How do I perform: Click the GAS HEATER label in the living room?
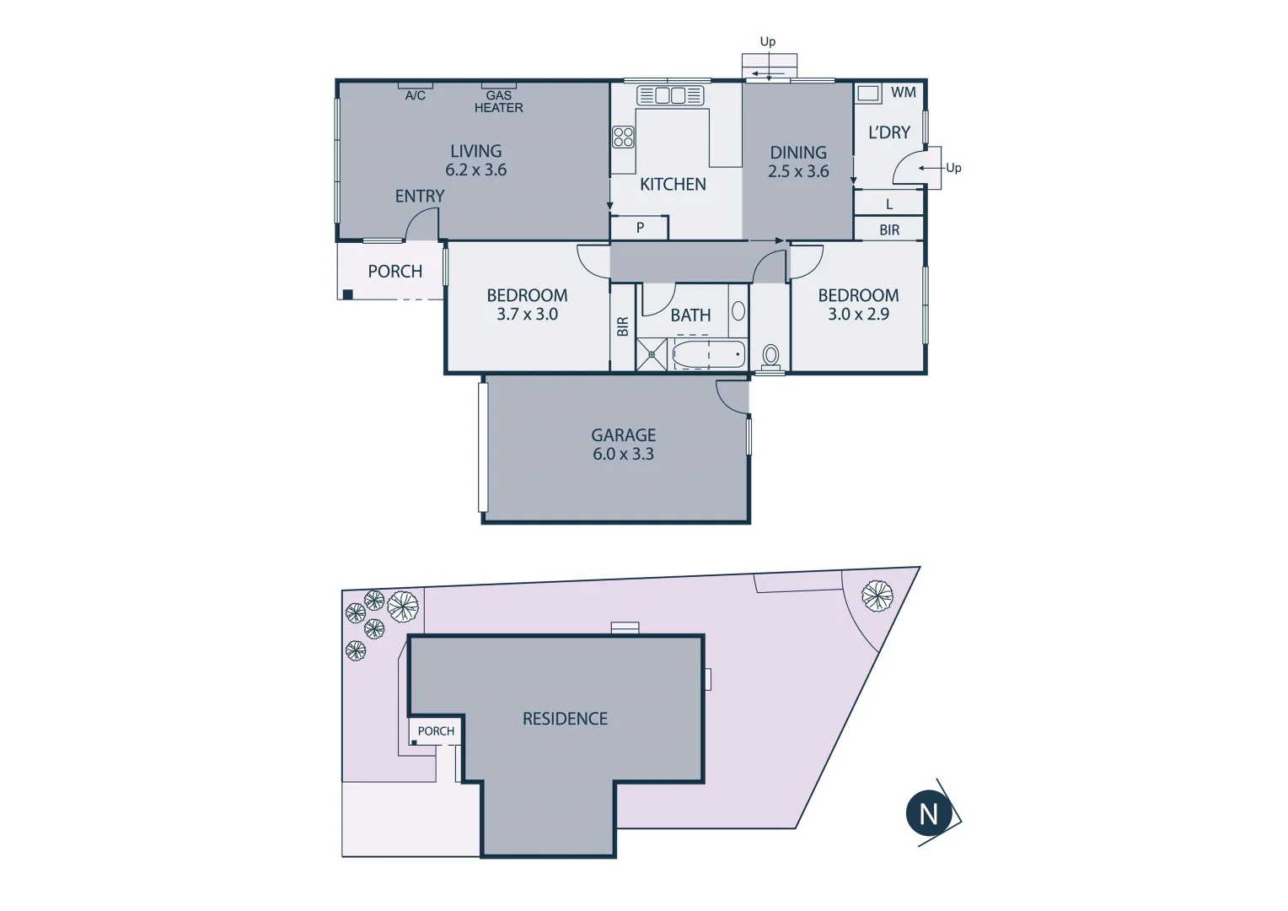pos(498,102)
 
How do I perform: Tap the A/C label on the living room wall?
pos(415,95)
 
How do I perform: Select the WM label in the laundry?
pos(903,93)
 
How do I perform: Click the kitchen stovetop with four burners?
pos(623,137)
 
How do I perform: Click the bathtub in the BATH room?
pos(708,354)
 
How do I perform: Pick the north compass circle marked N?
pos(929,814)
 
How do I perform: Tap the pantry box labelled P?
pos(640,228)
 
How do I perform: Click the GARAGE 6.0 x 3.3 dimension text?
pos(623,454)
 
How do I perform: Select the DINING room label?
pos(797,153)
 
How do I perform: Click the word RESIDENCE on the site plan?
pos(565,719)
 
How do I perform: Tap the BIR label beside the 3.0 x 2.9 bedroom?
pos(889,229)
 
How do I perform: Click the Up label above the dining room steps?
pos(767,41)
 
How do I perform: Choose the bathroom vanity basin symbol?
pos(738,311)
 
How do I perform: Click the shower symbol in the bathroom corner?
pos(652,354)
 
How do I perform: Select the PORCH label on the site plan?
pos(436,731)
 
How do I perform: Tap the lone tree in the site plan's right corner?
pos(877,596)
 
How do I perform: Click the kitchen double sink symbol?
pos(670,95)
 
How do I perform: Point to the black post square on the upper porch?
pos(347,294)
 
